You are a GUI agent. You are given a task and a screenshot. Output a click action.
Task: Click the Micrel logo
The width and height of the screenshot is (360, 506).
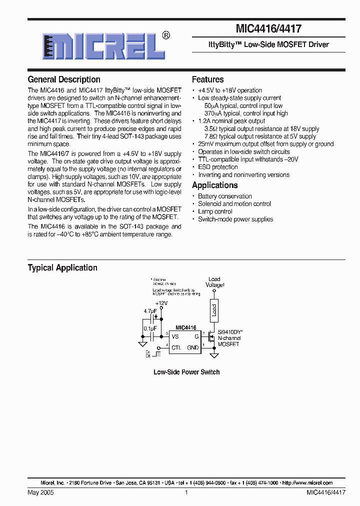pos(103,46)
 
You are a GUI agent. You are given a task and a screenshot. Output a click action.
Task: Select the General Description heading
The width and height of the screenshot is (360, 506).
pos(64,79)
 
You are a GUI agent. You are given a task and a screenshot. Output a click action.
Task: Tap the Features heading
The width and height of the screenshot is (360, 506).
pos(207,79)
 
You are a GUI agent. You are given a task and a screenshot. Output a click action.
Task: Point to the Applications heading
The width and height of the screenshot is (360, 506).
pos(214,185)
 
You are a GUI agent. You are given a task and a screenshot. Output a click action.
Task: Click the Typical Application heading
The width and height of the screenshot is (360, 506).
pos(62,268)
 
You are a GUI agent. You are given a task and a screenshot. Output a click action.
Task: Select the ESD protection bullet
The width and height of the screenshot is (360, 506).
pos(218,167)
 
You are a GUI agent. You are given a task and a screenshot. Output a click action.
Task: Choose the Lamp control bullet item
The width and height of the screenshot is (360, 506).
pos(215,211)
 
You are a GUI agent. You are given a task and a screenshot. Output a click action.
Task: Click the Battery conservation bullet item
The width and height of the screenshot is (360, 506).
pos(224,196)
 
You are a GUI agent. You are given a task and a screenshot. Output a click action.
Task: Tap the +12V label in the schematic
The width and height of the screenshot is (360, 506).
pos(161,303)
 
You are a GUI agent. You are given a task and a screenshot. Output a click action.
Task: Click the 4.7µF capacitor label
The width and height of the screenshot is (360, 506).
pos(150,311)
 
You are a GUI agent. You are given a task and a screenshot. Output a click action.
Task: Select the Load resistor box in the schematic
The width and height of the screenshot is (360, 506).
pos(214,310)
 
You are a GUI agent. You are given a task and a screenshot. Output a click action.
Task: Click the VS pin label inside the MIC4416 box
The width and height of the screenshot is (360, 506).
pos(175,337)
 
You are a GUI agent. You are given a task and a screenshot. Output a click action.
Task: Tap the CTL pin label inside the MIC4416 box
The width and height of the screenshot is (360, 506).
pos(176,347)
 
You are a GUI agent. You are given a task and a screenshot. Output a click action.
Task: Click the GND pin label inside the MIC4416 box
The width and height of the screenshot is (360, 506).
pos(193,347)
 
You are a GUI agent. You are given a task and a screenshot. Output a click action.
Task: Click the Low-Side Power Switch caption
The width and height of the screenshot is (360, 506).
pos(186,372)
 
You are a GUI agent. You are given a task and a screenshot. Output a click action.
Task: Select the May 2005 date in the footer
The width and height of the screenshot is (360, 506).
pos(40,492)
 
